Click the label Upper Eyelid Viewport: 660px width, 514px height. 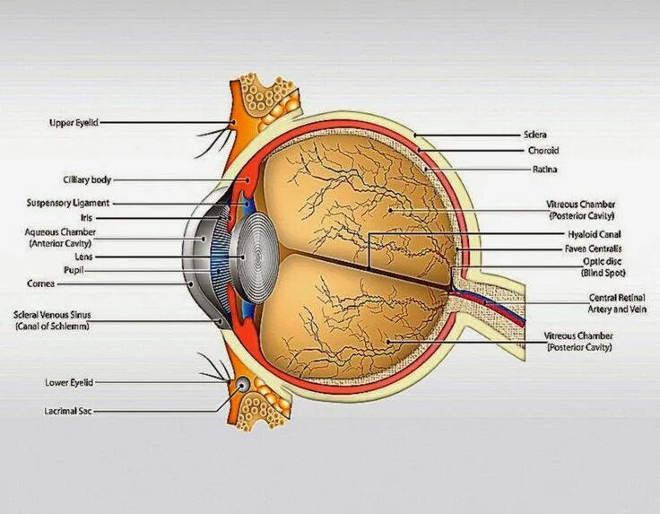pos(73,123)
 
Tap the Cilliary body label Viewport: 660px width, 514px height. pos(87,180)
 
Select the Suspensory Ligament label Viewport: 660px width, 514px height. pos(68,204)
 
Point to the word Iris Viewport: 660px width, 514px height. pos(86,218)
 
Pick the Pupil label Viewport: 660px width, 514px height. pos(74,269)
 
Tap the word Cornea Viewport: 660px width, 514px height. pos(41,283)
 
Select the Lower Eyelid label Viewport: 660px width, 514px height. pos(69,382)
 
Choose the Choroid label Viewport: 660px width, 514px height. pos(543,151)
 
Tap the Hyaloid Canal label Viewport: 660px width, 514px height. pos(588,234)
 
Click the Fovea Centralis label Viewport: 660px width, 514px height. pos(593,248)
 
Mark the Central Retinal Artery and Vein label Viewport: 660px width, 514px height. pos(616,303)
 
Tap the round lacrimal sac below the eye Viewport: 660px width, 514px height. pos(242,385)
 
